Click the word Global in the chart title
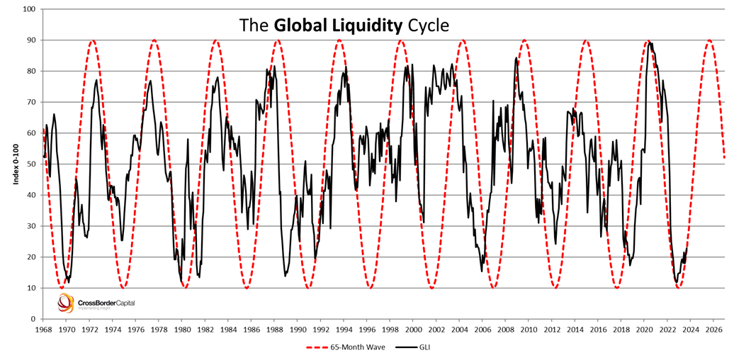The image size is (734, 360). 298,26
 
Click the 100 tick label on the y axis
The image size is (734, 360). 29,9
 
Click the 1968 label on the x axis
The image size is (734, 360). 43,330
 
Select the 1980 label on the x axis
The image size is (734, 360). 182,330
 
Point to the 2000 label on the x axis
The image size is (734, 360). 413,330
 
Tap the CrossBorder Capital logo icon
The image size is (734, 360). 65,303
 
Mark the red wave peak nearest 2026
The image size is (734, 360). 709,40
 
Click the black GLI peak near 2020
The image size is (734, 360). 650,43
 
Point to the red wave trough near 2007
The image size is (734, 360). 494,288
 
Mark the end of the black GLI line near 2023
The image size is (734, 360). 687,248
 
